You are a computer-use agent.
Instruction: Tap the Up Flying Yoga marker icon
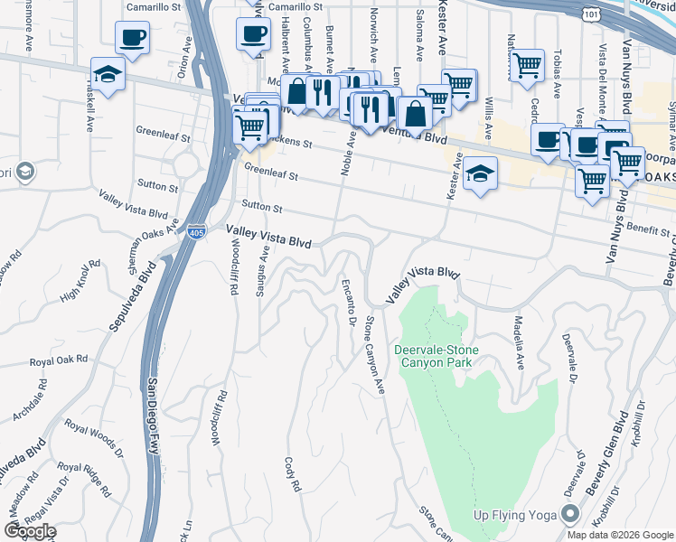tap(570, 515)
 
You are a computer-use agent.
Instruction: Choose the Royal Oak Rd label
tap(59, 360)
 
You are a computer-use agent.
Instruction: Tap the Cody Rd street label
tap(294, 472)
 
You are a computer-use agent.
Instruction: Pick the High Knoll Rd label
tap(77, 280)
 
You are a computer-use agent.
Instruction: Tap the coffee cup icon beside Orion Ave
tap(132, 38)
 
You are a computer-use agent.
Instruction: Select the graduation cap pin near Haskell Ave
tap(108, 74)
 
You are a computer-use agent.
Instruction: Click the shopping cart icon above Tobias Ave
tap(527, 64)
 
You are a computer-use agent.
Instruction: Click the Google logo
tap(30, 531)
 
